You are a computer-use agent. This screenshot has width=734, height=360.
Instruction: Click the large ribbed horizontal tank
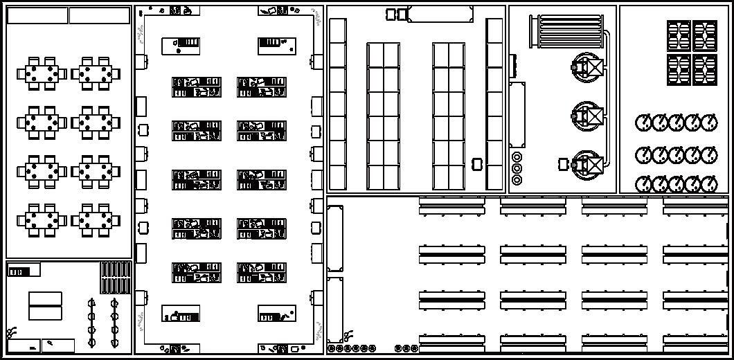pos(566,32)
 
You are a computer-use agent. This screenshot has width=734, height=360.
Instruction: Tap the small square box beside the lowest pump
pos(563,164)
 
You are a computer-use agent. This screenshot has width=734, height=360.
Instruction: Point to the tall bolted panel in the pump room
pos(517,114)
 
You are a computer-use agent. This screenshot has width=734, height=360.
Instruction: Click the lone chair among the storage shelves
pos(476,164)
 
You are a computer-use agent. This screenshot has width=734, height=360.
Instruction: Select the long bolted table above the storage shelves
pos(440,14)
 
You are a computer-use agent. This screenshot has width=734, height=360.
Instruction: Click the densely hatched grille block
pos(116,277)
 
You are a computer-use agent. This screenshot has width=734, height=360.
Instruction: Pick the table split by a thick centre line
pos(45,305)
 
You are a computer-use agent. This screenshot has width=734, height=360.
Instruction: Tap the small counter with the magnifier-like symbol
pos(57,345)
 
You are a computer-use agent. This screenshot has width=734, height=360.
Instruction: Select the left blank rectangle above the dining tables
pos(37,15)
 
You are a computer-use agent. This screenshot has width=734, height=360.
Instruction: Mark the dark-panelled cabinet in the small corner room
pos(23,270)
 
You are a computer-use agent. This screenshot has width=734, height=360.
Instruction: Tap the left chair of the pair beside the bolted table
pos(391,14)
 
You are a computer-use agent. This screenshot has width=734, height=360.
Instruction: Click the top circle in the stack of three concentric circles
pos(517,157)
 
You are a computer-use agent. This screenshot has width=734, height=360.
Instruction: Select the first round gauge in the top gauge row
pos(643,123)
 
